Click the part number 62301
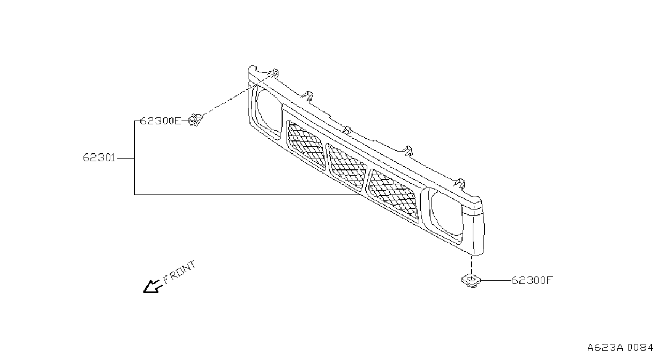(99, 158)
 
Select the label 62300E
(161, 121)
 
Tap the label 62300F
(532, 280)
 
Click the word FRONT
(179, 273)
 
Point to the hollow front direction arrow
(152, 287)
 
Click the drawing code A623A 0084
(620, 348)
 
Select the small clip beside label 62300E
(195, 120)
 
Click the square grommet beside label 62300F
(471, 280)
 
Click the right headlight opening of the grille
(445, 213)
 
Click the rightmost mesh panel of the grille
(393, 194)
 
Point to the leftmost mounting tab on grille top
(274, 73)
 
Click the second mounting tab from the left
(307, 96)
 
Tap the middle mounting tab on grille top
(347, 130)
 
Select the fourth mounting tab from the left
(408, 151)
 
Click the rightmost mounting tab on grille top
(460, 183)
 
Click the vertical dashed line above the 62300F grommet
(472, 266)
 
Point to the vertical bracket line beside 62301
(134, 157)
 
